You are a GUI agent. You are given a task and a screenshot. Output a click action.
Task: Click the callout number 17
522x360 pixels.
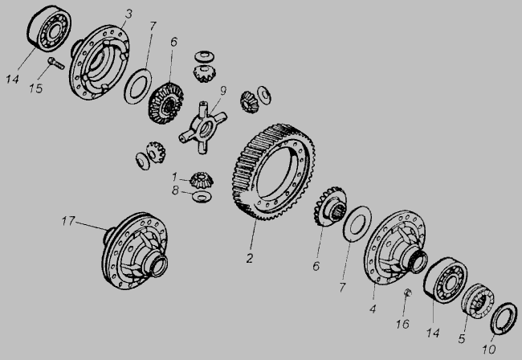(68, 221)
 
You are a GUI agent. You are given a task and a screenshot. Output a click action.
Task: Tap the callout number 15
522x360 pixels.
(35, 88)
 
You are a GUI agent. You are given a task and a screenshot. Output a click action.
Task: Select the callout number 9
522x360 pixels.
(222, 90)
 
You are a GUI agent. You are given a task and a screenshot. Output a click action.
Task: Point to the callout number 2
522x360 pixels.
(250, 258)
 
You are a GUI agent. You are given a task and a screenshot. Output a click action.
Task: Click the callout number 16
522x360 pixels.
(402, 324)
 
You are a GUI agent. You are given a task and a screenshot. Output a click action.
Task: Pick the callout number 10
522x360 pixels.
(489, 349)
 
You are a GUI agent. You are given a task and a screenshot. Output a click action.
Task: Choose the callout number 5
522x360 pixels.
(462, 339)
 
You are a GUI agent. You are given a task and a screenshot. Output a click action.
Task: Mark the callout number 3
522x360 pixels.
(128, 14)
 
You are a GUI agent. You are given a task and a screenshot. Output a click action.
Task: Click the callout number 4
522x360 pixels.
(373, 309)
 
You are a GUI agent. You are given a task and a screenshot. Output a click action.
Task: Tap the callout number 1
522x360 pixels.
(174, 177)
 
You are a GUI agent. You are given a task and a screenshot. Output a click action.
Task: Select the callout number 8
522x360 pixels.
(175, 190)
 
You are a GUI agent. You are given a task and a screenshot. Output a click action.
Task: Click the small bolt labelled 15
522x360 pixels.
(56, 63)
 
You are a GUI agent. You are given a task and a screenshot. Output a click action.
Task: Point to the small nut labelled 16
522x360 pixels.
(407, 292)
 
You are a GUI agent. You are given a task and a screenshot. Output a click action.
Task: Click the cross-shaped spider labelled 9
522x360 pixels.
(202, 128)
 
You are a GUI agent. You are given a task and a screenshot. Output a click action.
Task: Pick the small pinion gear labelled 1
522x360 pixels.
(202, 180)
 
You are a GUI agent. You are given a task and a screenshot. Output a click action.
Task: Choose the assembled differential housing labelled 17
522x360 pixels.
(134, 251)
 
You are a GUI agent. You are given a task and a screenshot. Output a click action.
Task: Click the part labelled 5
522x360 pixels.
(477, 301)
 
